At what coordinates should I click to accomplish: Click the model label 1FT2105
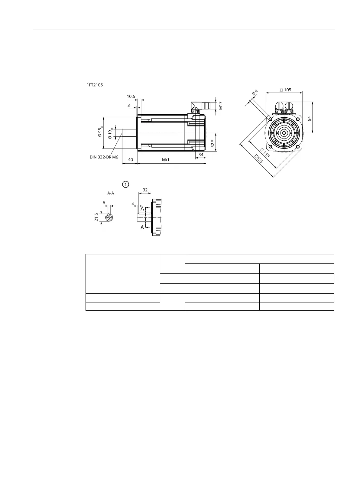tap(95, 85)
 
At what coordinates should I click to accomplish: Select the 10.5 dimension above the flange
tap(131, 96)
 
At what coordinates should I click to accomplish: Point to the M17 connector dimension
tap(221, 105)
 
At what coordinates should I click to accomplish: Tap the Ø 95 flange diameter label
tap(100, 132)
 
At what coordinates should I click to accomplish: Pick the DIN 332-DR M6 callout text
tap(104, 157)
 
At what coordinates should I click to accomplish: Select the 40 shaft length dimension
tap(131, 160)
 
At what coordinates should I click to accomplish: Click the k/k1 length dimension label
tap(165, 160)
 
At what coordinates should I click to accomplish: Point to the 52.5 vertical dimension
tap(213, 143)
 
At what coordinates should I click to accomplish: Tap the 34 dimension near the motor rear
tap(201, 155)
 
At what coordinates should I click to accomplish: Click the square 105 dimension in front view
tap(285, 90)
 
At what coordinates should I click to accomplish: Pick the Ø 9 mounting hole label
tap(255, 93)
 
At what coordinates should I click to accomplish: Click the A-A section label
tap(111, 193)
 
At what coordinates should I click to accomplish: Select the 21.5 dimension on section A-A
tap(96, 217)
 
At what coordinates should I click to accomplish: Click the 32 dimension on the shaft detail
tap(145, 190)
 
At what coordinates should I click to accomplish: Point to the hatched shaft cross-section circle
tap(109, 217)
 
